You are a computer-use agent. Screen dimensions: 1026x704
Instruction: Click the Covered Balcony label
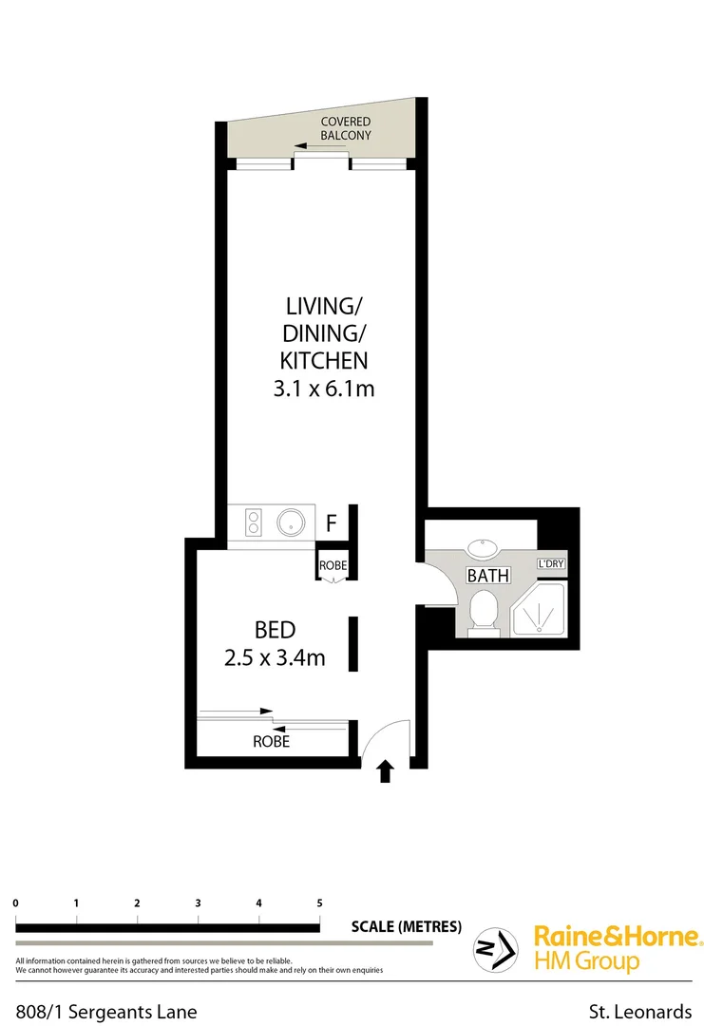(x=345, y=129)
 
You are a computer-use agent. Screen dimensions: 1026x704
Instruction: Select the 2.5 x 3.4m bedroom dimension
(x=275, y=656)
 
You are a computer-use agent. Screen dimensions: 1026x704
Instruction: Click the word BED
(x=275, y=629)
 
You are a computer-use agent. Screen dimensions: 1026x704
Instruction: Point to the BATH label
(x=487, y=576)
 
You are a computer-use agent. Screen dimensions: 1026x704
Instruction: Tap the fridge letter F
(x=332, y=522)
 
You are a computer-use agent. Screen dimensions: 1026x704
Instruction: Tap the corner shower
(x=539, y=608)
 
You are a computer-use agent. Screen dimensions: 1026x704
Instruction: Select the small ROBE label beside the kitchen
(x=333, y=565)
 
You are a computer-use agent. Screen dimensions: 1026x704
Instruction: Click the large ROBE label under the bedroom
(x=271, y=741)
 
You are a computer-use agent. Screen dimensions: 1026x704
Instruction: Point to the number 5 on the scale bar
(x=319, y=902)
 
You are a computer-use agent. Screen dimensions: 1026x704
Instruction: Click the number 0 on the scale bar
(x=16, y=902)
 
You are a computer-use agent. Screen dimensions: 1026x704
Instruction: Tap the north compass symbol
(x=496, y=948)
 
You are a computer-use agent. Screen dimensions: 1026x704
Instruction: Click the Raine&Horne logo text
(x=617, y=936)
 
